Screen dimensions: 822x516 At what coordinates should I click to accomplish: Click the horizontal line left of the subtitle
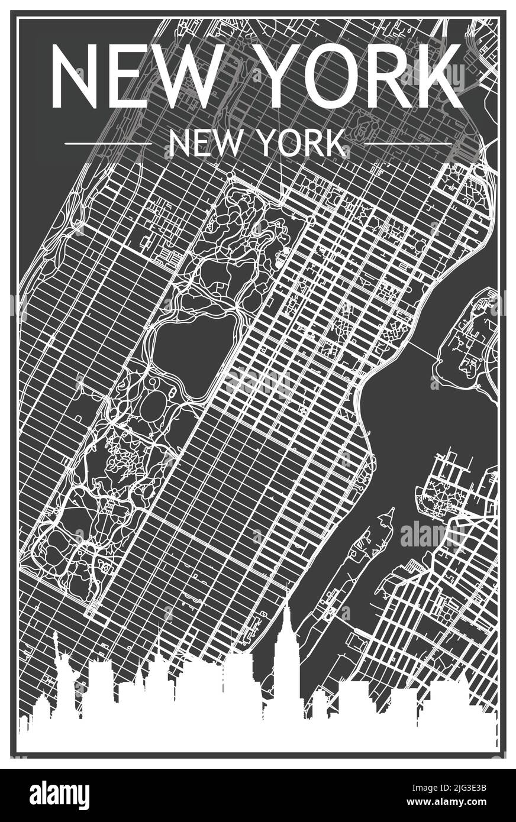point(108,144)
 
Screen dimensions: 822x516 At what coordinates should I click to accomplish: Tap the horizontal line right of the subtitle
point(408,144)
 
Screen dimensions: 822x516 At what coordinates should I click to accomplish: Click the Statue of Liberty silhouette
point(65,680)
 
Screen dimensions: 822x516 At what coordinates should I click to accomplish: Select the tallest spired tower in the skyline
point(286,656)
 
